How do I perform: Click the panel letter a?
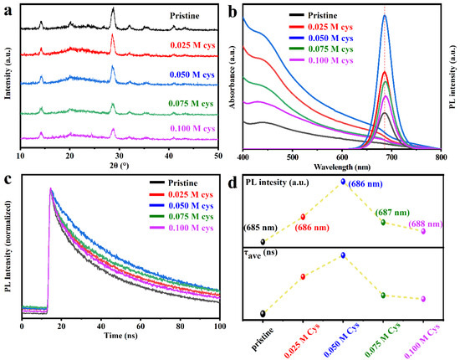(8, 7)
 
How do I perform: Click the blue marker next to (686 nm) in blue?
(343, 182)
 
